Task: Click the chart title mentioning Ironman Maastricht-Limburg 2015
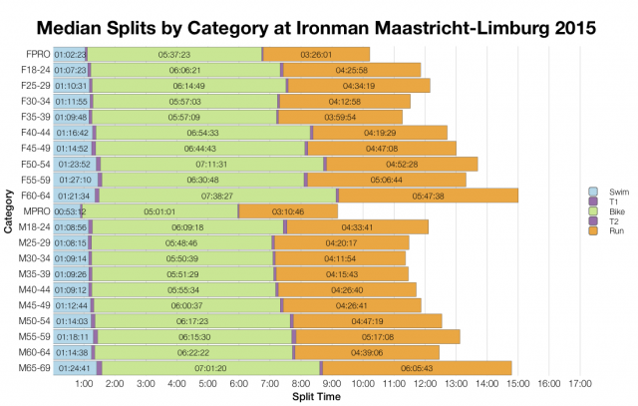tap(319, 23)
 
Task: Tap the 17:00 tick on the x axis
tap(579, 384)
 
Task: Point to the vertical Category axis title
tap(9, 211)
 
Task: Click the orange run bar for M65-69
tap(417, 368)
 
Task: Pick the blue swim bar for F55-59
tap(74, 180)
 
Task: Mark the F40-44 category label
tap(35, 133)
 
